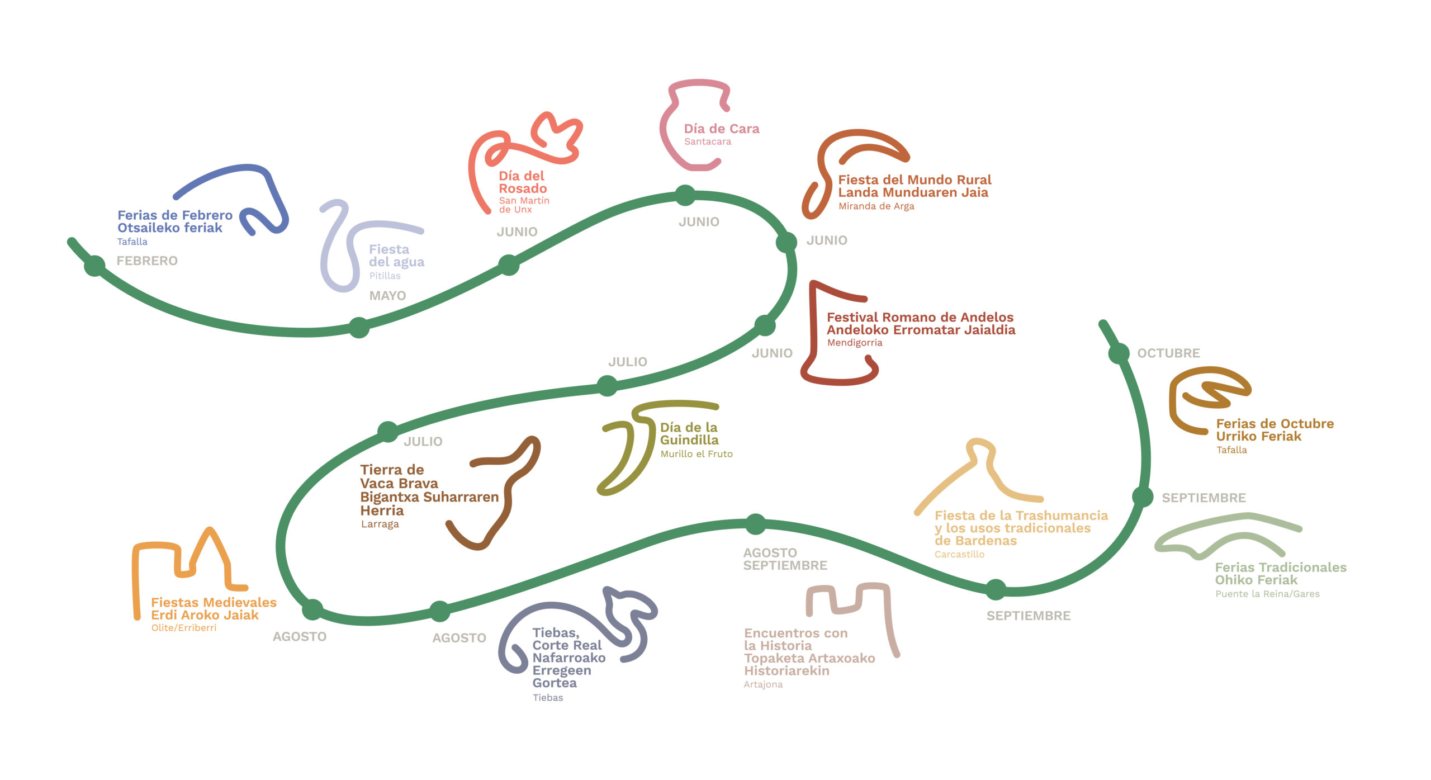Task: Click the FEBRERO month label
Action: [147, 261]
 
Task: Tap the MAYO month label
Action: [387, 296]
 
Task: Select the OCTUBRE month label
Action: [1169, 353]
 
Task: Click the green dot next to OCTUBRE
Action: [1119, 353]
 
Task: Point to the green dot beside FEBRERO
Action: [94, 266]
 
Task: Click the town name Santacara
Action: [708, 141]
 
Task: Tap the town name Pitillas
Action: [385, 276]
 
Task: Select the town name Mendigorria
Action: [855, 343]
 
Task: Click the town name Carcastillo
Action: [959, 554]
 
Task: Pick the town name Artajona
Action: [763, 684]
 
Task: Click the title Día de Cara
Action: [722, 129]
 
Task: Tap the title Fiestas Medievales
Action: [214, 602]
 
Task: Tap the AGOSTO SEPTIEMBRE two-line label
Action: [785, 559]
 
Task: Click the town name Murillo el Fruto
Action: [696, 454]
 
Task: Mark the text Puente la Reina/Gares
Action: [1267, 594]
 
